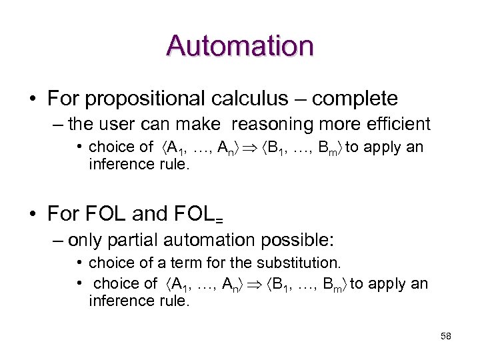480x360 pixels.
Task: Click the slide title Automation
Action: click(240, 46)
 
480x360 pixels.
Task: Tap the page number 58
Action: click(446, 336)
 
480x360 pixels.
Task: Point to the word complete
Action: click(355, 99)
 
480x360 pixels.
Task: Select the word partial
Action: click(137, 239)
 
